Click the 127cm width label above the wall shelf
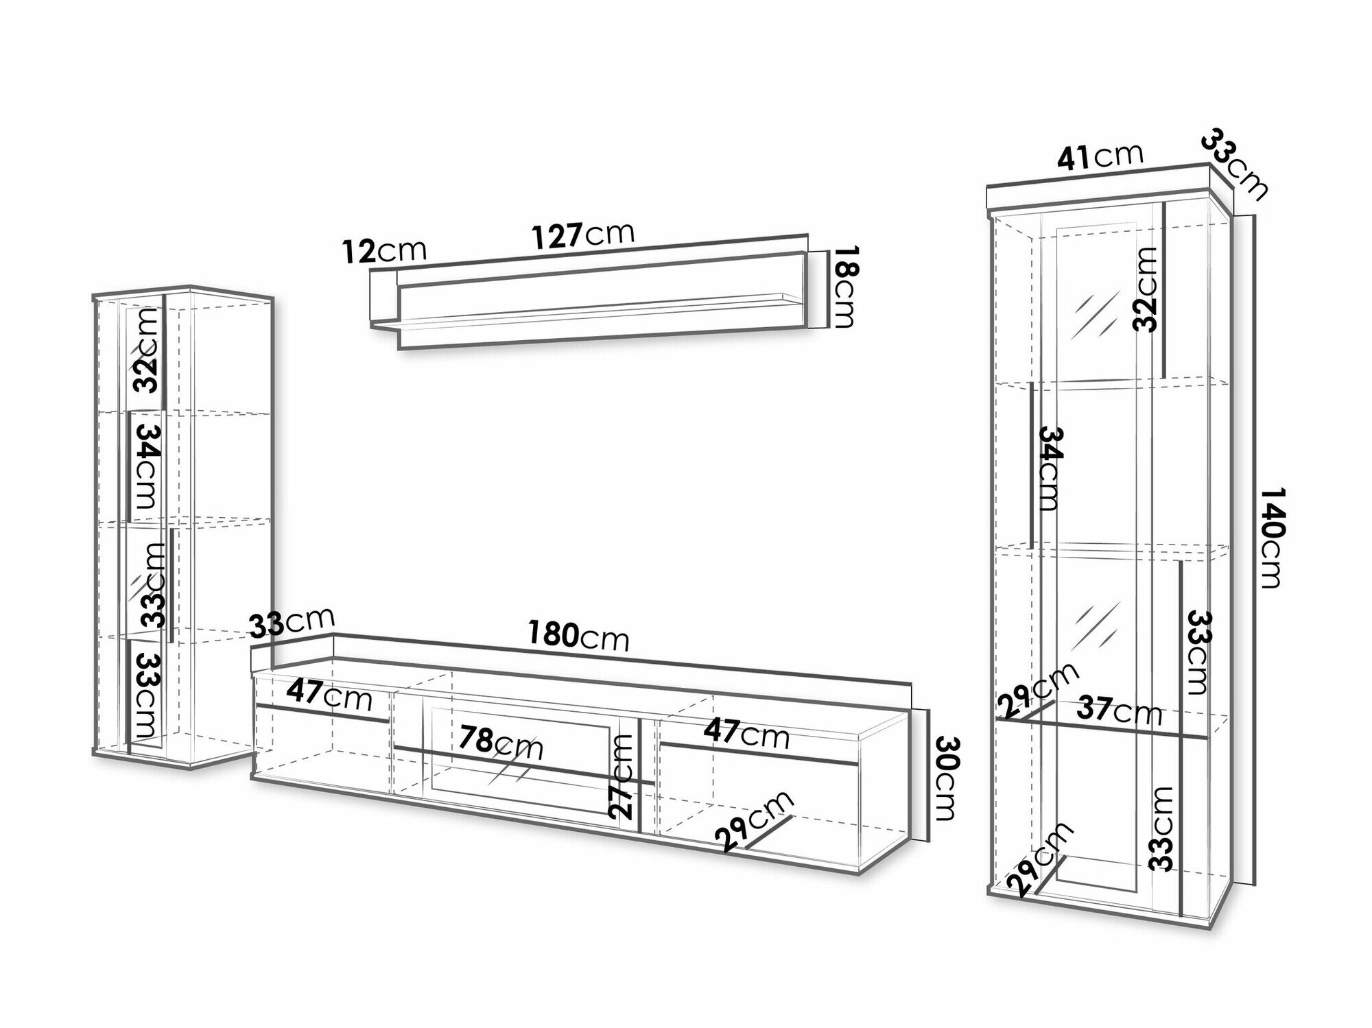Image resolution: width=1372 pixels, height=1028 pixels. pos(584,235)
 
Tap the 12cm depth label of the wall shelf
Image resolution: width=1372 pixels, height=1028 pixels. pos(384,251)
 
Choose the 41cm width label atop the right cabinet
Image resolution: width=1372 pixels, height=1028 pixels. pos(1100,157)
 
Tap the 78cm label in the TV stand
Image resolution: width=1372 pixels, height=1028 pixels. pos(501,743)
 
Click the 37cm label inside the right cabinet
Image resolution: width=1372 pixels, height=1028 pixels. pos(1119,711)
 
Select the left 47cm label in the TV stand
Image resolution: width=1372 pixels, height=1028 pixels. pos(329,695)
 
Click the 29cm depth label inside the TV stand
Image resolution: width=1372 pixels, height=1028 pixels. pos(754,821)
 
